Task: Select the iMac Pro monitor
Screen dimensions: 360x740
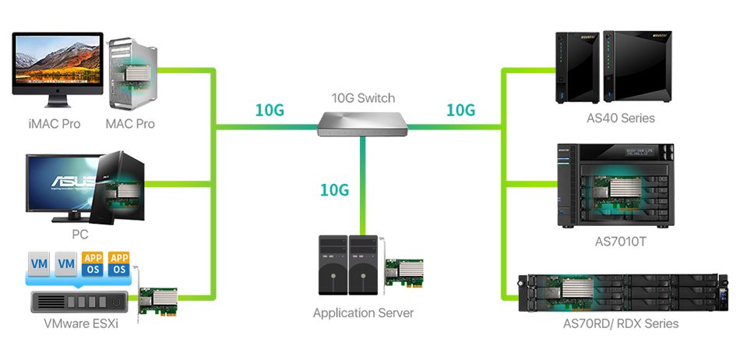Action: [x=58, y=64]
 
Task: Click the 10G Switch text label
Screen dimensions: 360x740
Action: [x=363, y=98]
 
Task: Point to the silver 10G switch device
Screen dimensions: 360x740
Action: [x=363, y=123]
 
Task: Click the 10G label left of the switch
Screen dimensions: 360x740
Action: [x=270, y=110]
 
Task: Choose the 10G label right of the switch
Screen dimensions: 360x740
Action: [x=460, y=110]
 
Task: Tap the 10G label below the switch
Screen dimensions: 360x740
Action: [x=334, y=189]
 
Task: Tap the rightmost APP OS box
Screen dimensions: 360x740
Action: [x=119, y=263]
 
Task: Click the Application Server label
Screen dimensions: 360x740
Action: [x=363, y=313]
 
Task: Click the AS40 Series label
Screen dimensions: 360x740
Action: [x=620, y=118]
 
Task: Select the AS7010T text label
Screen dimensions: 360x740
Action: [x=620, y=242]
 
